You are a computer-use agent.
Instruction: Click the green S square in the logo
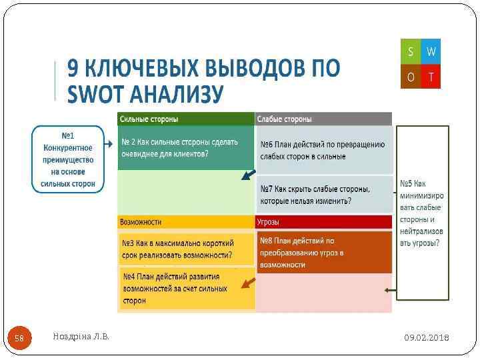click(410, 51)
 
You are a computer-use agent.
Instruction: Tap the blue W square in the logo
click(431, 51)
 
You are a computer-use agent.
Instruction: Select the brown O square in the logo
click(410, 77)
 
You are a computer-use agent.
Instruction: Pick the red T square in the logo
click(431, 77)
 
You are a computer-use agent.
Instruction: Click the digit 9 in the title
click(75, 68)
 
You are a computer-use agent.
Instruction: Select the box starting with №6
click(323, 150)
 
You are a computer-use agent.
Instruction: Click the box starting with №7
click(323, 194)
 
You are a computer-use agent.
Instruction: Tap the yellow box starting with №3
click(186, 248)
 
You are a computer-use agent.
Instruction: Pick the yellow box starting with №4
click(186, 288)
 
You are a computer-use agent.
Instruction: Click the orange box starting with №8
click(323, 252)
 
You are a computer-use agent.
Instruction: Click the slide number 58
click(19, 338)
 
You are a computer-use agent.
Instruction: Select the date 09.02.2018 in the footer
click(427, 338)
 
